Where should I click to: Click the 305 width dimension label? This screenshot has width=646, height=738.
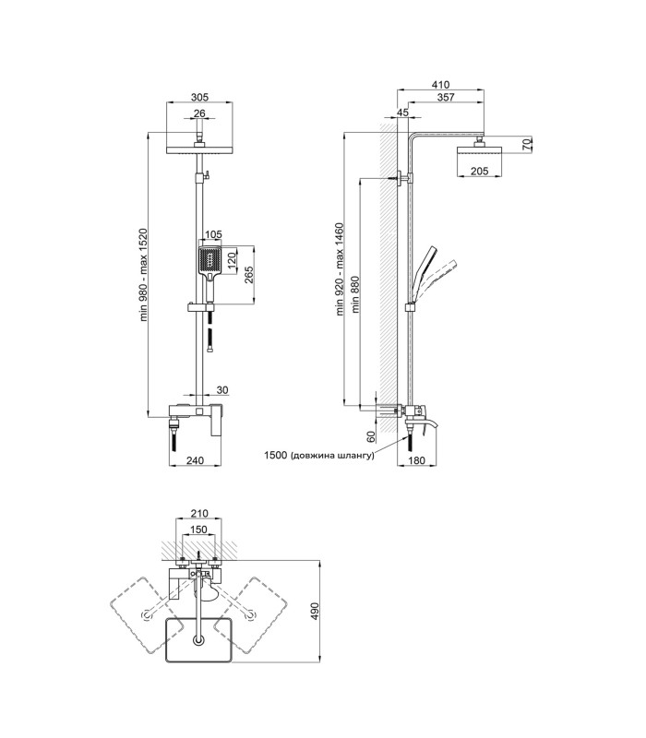[x=199, y=98]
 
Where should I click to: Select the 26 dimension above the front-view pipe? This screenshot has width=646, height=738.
[x=199, y=113]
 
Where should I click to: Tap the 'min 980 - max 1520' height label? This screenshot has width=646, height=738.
[x=144, y=275]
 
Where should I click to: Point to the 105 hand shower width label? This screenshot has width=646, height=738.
[x=213, y=235]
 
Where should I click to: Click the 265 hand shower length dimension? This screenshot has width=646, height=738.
[x=249, y=275]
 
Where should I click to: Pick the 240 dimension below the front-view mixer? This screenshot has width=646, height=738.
[x=195, y=460]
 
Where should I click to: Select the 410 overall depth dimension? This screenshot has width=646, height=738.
[x=441, y=85]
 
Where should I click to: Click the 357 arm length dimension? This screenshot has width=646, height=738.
[x=446, y=97]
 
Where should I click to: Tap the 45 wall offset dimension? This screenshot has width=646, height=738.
[x=402, y=113]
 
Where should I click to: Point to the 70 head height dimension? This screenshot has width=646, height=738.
[x=528, y=144]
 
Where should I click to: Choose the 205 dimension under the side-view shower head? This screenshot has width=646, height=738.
[x=480, y=172]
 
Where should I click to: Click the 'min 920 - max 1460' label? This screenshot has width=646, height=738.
[x=341, y=269]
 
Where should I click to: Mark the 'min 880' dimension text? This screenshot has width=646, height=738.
[x=355, y=294]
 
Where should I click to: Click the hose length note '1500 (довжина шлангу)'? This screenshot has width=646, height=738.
[x=319, y=455]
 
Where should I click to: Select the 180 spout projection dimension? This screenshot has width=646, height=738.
[x=417, y=460]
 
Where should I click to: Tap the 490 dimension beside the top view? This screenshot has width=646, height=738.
[x=315, y=611]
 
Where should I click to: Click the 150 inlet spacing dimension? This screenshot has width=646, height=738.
[x=198, y=530]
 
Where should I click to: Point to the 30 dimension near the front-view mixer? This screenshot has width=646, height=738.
[x=222, y=390]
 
